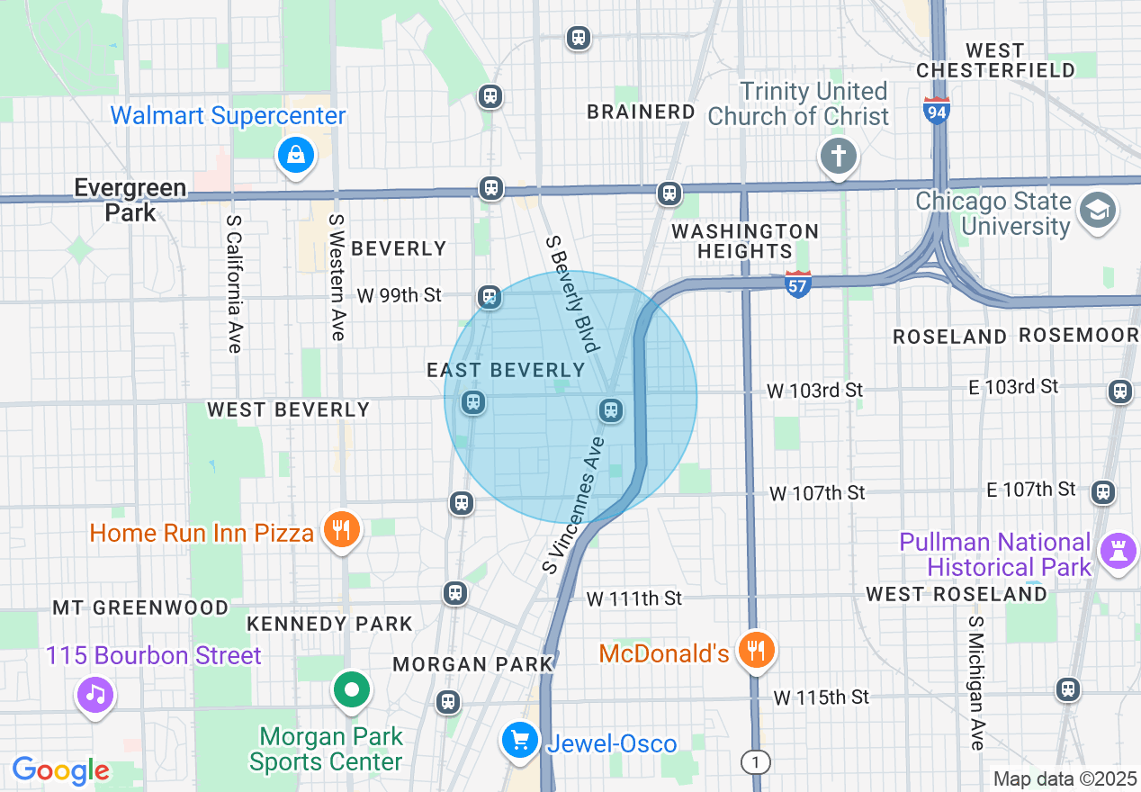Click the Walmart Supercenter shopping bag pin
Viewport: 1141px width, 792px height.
(295, 157)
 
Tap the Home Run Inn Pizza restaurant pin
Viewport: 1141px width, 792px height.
(341, 529)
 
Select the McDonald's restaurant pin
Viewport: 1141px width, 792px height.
(756, 650)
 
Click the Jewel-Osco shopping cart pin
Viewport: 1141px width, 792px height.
(519, 741)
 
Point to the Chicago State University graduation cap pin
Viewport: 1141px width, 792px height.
(1099, 211)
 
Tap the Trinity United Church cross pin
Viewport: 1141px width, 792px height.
(838, 157)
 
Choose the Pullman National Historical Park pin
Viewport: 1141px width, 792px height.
(1119, 553)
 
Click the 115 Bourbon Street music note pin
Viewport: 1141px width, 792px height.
(95, 695)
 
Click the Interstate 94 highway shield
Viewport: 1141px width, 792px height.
(937, 111)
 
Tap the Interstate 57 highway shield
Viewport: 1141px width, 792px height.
(798, 283)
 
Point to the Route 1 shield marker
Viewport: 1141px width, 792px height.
(756, 762)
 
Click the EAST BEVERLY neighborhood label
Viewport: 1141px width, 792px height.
(506, 370)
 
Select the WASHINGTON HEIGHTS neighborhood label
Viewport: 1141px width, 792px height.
(745, 241)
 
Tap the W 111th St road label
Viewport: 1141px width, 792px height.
(633, 598)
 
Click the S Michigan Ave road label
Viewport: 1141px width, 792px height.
(977, 683)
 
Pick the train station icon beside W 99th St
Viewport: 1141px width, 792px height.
(490, 296)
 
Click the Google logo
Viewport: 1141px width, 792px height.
(61, 770)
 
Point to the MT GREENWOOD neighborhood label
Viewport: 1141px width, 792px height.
(140, 607)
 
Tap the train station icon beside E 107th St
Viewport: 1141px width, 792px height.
(1102, 492)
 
